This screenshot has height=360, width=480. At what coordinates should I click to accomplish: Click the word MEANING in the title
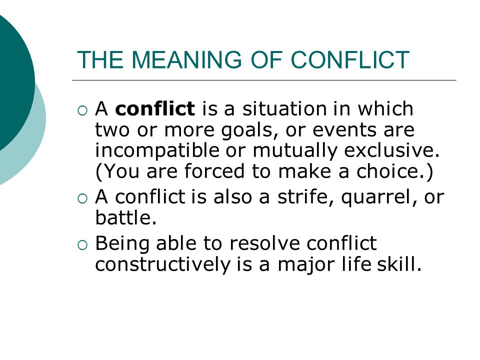tap(187, 59)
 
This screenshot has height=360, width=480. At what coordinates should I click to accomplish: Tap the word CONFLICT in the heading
tap(350, 59)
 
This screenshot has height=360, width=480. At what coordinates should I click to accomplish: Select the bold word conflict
tap(155, 108)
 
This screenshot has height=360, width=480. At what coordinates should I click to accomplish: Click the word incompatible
tap(157, 151)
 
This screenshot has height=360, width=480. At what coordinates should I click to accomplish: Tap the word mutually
tap(295, 151)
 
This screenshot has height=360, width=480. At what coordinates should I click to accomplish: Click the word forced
tap(214, 171)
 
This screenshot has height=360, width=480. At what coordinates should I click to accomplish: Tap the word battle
tap(126, 217)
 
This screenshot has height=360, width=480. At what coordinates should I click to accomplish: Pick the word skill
tap(399, 264)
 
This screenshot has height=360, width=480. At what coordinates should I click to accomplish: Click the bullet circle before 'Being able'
tap(82, 245)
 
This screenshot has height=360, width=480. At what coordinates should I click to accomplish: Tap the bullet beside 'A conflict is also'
tap(82, 198)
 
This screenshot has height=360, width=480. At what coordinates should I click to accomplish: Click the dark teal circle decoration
tap(12, 82)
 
